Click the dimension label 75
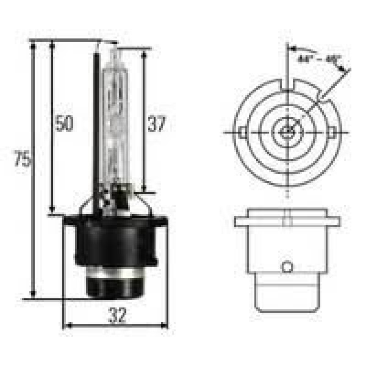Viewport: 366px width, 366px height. point(23,160)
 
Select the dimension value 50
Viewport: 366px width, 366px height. point(63,124)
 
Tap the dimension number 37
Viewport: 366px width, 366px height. point(157,124)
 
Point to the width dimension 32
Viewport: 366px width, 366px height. point(117,315)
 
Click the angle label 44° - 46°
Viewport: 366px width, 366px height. point(319,60)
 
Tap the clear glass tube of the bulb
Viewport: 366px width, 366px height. point(114,122)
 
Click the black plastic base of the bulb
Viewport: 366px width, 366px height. point(115,241)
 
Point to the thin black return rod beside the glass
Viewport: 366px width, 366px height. point(96,122)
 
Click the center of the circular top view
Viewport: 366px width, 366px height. point(287,131)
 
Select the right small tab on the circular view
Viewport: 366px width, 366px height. point(331,132)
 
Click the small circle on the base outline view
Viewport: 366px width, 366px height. point(287,267)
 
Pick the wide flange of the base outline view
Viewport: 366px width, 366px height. point(287,218)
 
